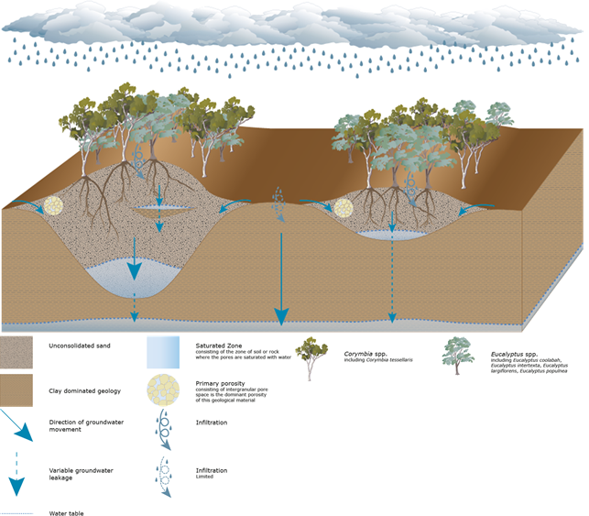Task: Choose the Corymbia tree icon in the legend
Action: pos(316,357)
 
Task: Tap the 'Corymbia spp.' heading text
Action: pos(365,352)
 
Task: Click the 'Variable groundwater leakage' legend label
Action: pos(74,475)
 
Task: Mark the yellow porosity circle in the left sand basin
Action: pos(53,205)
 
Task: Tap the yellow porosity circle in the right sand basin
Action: pos(343,208)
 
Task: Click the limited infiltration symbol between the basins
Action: pos(278,203)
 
